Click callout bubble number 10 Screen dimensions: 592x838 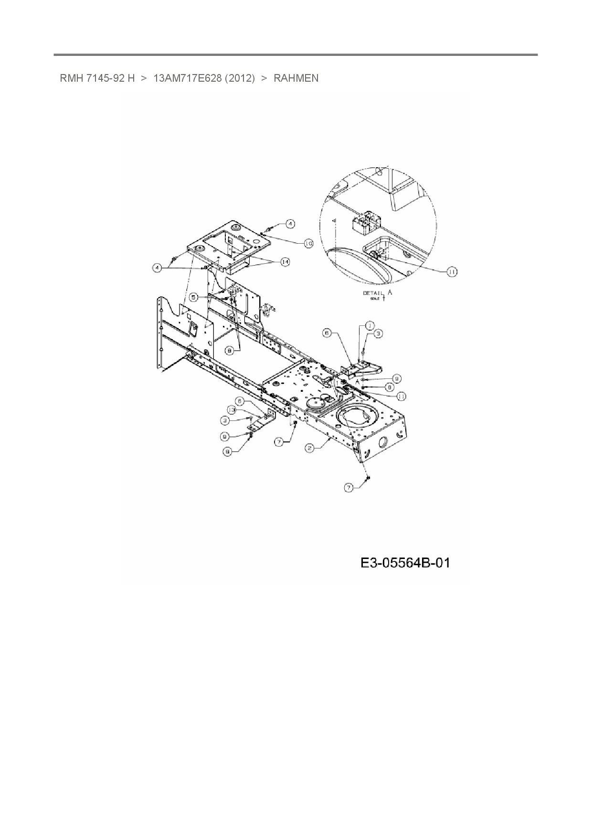coord(308,243)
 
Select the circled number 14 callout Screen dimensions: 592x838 coord(285,262)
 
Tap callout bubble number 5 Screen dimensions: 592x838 coord(193,297)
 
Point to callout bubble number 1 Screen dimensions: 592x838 coord(369,325)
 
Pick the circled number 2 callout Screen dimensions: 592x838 coord(310,448)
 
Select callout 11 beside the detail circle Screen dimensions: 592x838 coord(451,271)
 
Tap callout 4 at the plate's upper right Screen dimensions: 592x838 coord(290,223)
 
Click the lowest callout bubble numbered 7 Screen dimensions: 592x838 coord(349,487)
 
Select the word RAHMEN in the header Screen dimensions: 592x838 coord(296,78)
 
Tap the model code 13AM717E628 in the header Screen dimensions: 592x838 coord(187,78)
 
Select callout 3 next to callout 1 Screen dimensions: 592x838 coord(378,334)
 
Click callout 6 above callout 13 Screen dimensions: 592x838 coord(241,401)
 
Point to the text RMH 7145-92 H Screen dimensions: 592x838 coord(97,78)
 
